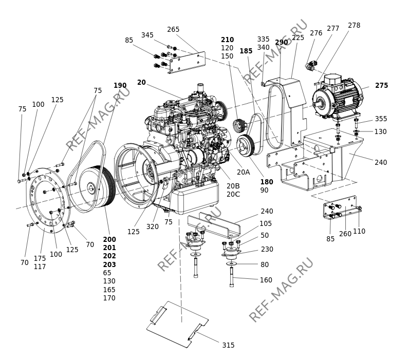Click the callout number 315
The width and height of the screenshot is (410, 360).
[x=228, y=345]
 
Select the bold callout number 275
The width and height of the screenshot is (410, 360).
[x=382, y=85]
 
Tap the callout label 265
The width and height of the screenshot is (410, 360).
[x=173, y=29]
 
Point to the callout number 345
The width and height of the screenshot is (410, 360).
[x=147, y=35]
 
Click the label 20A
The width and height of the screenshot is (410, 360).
[x=244, y=172]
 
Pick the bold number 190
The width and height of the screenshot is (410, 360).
[x=120, y=85]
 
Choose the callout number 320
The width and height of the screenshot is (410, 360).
[x=152, y=226]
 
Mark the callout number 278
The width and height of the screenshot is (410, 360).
[x=354, y=25]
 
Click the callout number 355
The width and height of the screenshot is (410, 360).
[x=381, y=119]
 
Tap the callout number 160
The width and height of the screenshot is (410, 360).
[x=266, y=280]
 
